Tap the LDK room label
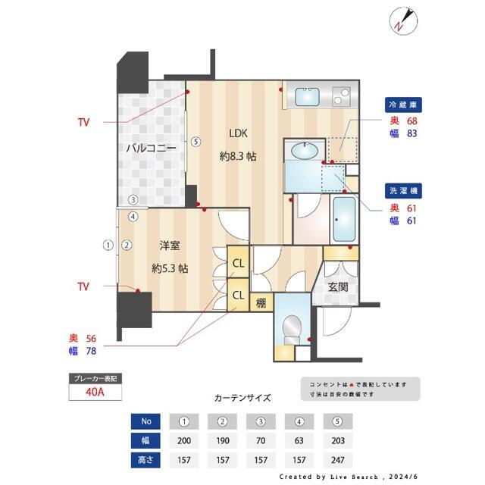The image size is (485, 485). click(238, 134)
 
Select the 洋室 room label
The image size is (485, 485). click(169, 246)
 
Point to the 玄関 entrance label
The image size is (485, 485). click(338, 287)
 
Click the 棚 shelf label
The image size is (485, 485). click(260, 302)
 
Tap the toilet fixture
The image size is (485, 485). click(291, 327)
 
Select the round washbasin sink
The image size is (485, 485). click(305, 151)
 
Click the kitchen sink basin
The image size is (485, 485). click(307, 96)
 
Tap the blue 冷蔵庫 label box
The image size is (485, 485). click(402, 105)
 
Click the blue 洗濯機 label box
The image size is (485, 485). click(402, 192)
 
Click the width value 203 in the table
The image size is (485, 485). click(336, 440)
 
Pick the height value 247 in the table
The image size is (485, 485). click(336, 460)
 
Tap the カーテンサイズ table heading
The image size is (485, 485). click(242, 397)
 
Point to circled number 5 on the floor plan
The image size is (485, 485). click(195, 141)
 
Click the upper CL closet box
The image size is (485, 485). click(238, 263)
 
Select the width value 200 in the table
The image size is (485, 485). click(183, 440)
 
